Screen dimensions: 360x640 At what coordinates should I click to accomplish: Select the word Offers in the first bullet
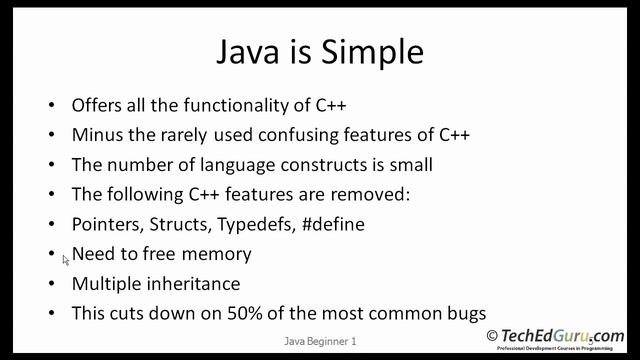point(97,105)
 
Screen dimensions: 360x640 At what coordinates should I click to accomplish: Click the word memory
point(218,254)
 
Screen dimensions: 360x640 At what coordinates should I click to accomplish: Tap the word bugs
point(466,313)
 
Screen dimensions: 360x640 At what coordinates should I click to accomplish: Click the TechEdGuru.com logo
point(555,337)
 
